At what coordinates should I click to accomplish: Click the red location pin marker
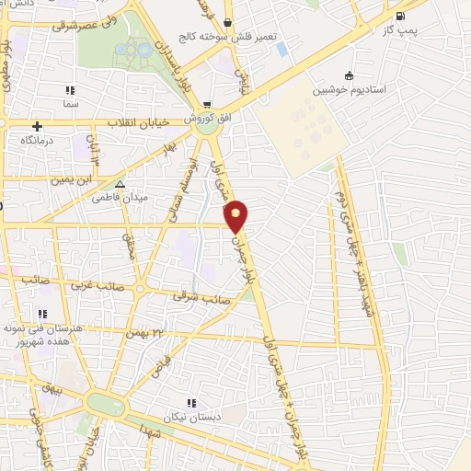tap(236, 215)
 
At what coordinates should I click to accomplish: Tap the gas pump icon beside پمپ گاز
tap(398, 16)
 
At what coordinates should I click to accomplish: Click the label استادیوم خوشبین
tap(349, 90)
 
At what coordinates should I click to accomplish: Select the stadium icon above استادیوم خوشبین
tap(349, 76)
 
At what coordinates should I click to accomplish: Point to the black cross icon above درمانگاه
tap(37, 126)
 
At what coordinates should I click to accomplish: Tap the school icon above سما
tap(70, 90)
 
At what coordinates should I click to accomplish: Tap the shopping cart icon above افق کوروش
tap(208, 104)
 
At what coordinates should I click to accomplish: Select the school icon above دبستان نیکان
tap(191, 402)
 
